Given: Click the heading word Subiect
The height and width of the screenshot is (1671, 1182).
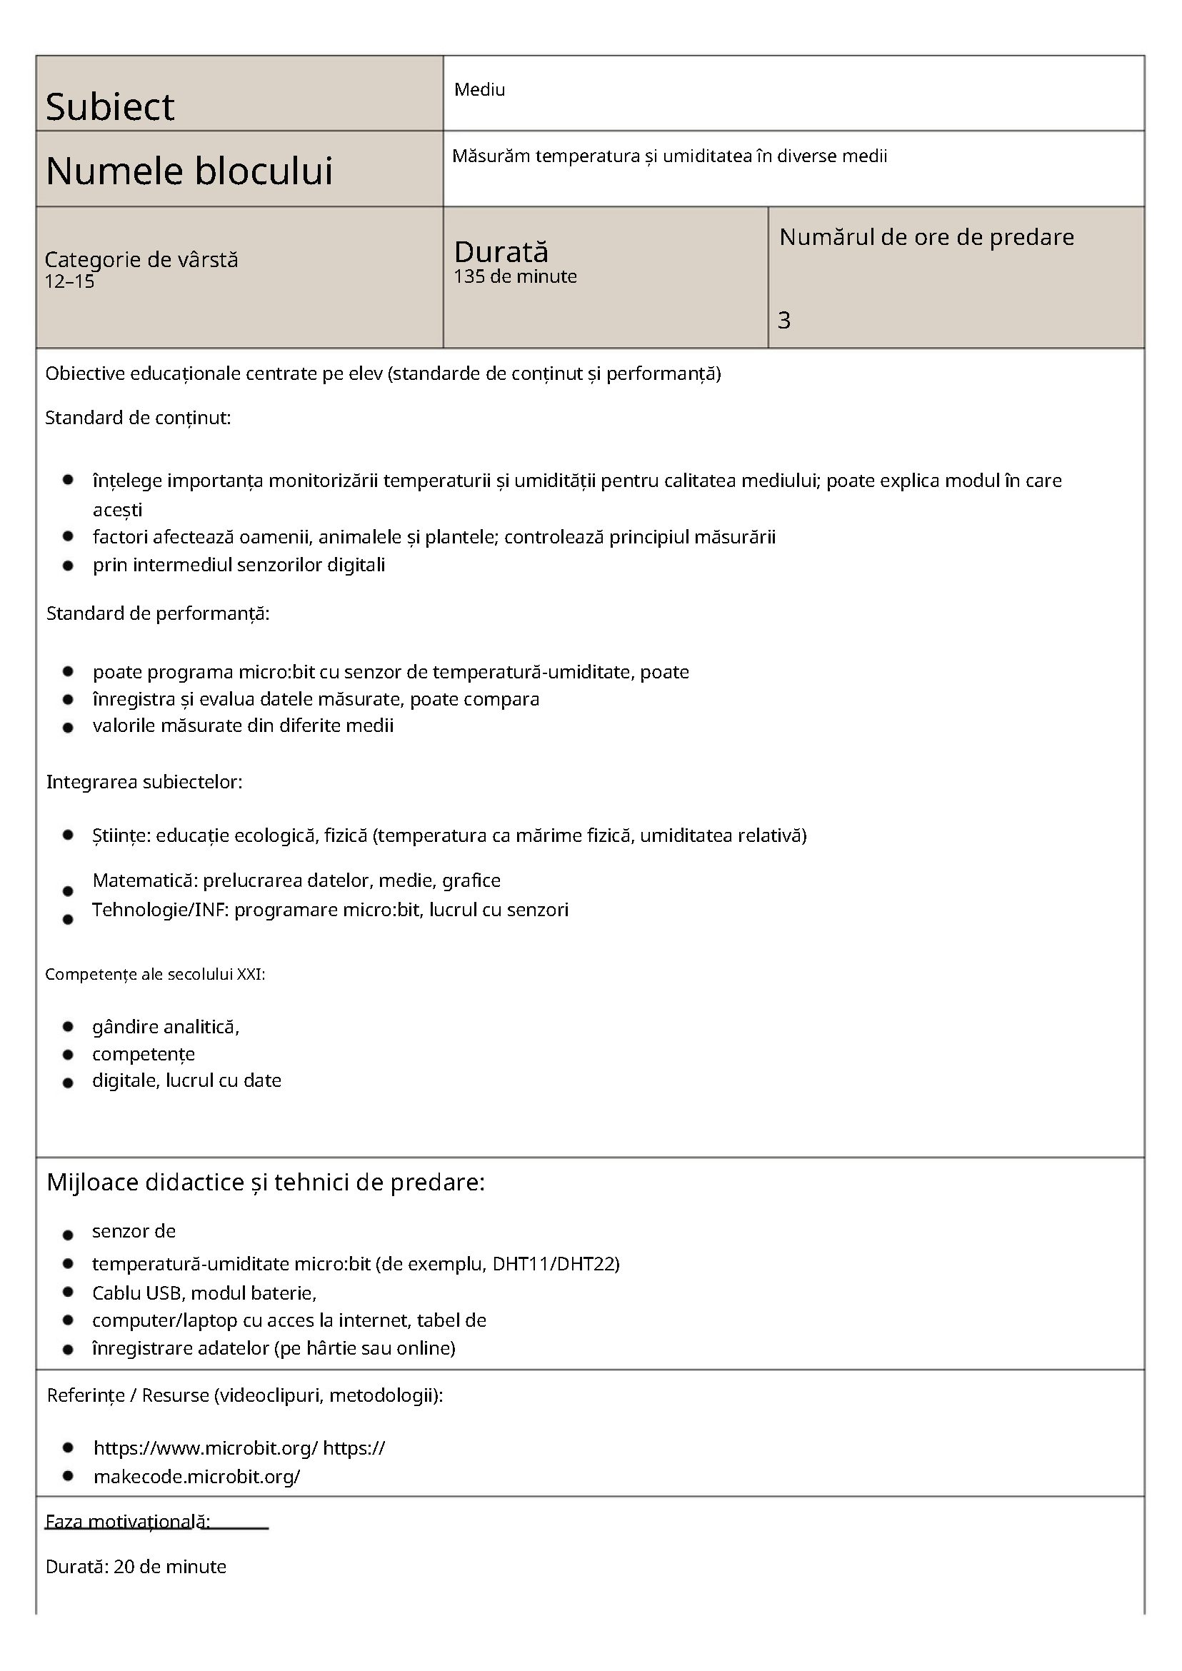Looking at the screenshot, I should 110,107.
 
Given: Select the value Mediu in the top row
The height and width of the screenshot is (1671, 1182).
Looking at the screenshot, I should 479,89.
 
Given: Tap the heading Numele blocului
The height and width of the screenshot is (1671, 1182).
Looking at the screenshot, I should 189,171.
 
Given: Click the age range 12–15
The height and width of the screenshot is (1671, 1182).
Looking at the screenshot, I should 70,281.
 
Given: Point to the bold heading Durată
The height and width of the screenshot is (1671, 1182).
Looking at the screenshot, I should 501,252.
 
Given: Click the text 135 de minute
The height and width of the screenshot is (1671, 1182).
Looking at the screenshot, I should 516,276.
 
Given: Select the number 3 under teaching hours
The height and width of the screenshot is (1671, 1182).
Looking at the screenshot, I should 784,320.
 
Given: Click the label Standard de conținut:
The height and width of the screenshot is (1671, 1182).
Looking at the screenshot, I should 138,418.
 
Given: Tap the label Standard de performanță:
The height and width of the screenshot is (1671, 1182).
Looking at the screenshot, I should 158,613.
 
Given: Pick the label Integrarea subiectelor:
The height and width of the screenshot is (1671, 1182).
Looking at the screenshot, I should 144,783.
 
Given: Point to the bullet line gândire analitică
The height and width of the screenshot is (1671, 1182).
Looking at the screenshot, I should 166,1027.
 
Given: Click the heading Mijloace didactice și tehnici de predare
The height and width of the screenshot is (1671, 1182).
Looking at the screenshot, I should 266,1183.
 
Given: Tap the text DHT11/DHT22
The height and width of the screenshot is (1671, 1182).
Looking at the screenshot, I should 556,1263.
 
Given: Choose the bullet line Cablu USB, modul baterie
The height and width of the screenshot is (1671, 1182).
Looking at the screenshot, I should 204,1293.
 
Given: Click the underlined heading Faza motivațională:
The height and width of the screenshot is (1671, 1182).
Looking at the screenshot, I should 128,1522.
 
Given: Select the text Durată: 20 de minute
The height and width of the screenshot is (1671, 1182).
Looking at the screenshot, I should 136,1567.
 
